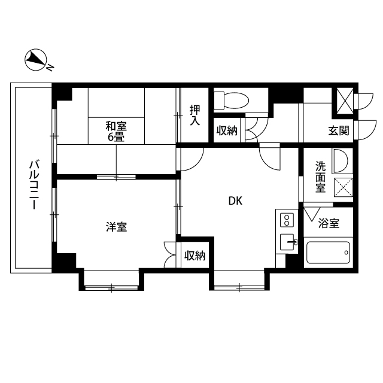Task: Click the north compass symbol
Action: pos(36,59)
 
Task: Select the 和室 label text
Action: pos(116,126)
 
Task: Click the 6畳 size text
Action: pos(116,136)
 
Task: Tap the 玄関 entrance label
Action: pos(338,130)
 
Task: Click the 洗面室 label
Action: pos(320,177)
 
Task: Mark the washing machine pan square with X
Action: pos(342,188)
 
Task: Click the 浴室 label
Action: pos(329,224)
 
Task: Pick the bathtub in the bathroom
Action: pos(329,254)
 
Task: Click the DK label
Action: pos(235,201)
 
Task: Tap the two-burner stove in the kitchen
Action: pos(287,220)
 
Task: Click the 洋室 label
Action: pos(116,227)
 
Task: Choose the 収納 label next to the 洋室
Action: pos(194,256)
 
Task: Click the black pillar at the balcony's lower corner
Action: pos(65,262)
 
